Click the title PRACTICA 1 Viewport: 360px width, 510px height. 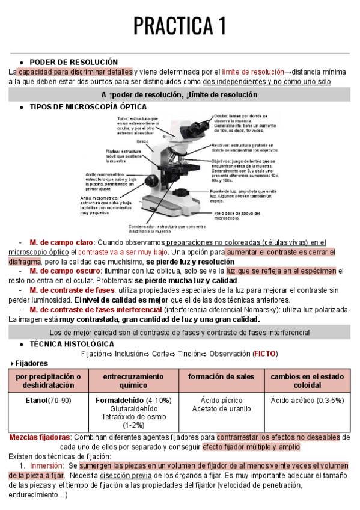180,26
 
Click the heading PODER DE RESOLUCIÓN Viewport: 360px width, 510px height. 74,62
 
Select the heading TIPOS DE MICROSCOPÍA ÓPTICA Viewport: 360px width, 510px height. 88,106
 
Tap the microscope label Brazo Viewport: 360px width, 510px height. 142,140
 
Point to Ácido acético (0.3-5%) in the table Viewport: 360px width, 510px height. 307,400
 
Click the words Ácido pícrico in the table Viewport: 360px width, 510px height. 221,400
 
